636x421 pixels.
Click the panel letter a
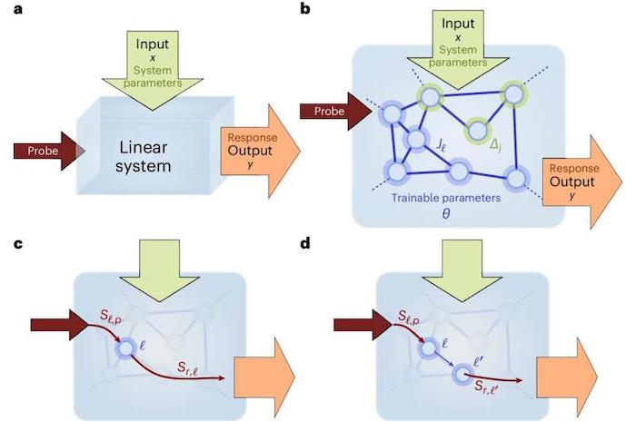point(18,9)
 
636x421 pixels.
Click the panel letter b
point(305,8)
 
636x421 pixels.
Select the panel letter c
point(18,244)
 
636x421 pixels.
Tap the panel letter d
point(305,243)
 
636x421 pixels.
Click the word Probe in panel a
point(43,152)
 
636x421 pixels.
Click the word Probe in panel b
point(329,111)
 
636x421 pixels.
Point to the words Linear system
point(144,157)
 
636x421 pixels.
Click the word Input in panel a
point(153,44)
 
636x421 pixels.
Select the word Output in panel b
point(571,181)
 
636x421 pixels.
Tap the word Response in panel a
point(253,137)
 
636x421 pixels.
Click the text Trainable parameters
point(446,198)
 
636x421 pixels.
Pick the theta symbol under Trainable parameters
point(446,213)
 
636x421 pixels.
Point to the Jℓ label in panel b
point(442,144)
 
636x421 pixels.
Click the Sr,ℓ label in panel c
point(188,368)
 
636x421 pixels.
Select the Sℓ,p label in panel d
point(409,318)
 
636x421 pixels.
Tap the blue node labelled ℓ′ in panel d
point(462,374)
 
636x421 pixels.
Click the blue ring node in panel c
point(125,348)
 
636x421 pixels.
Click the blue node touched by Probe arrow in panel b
point(392,113)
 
